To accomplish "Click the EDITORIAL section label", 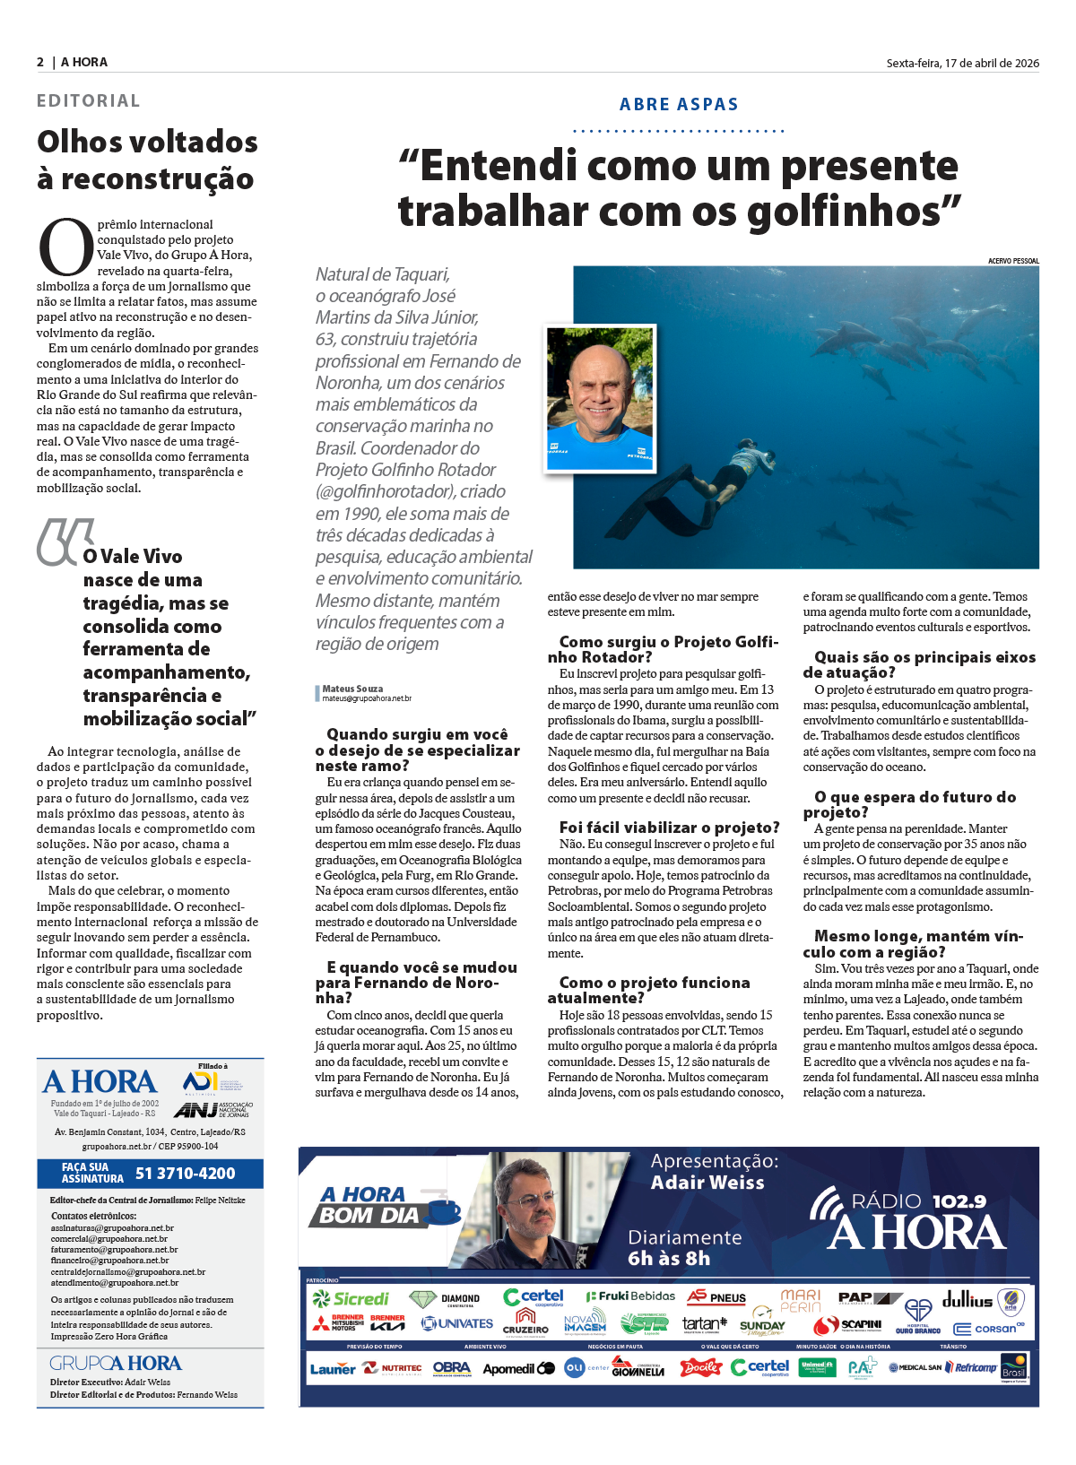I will pos(88,100).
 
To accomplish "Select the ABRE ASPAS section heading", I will pos(679,104).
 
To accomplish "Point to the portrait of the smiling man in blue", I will pos(600,397).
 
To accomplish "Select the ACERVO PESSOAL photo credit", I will pos(1013,261).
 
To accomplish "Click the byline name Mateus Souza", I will pos(352,689).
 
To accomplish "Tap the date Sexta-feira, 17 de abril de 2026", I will pos(962,63).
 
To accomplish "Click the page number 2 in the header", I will pos(40,62).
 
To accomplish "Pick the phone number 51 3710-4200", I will pos(185,1173).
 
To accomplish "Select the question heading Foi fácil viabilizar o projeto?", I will pos(669,828).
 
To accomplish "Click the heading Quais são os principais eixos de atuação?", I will pos(919,664).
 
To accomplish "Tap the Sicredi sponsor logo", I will pos(351,1298).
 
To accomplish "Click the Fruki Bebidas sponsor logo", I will pos(630,1296).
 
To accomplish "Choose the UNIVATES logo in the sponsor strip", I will pos(457,1323).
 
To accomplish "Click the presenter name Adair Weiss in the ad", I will pos(707,1183).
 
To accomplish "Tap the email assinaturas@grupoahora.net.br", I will pos(112,1228).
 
